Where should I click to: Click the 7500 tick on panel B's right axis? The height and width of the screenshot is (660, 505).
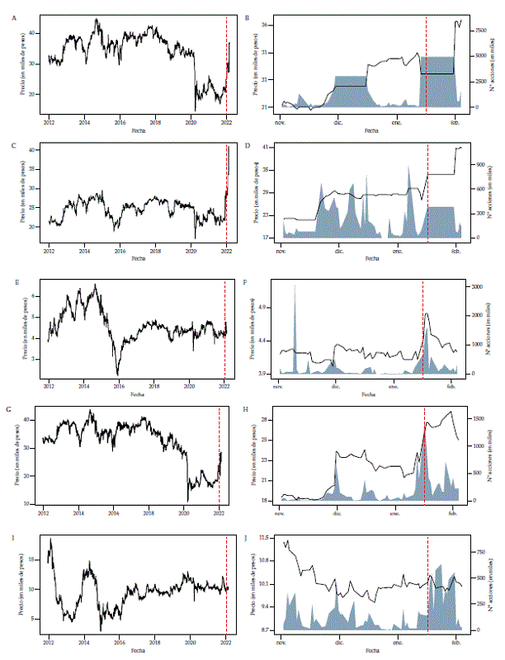[479, 29]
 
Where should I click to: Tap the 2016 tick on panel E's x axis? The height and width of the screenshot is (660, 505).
[120, 386]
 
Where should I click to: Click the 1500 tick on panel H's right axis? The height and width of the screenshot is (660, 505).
[479, 418]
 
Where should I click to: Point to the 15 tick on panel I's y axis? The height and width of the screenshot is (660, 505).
[34, 560]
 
